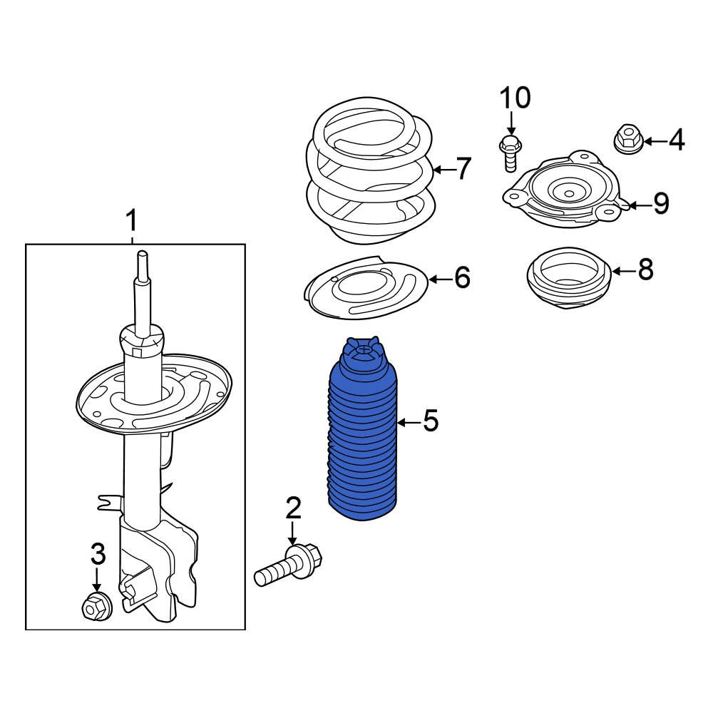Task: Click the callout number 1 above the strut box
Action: point(131,221)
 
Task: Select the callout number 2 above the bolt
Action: point(293,508)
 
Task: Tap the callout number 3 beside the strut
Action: point(98,553)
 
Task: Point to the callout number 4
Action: point(676,140)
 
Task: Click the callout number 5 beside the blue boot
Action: point(430,422)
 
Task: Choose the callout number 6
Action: point(462,278)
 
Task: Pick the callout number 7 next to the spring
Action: point(464,169)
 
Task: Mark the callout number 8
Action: point(645,270)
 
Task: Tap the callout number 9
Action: point(661,205)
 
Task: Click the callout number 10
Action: point(514,98)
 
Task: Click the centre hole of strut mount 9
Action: point(568,191)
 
